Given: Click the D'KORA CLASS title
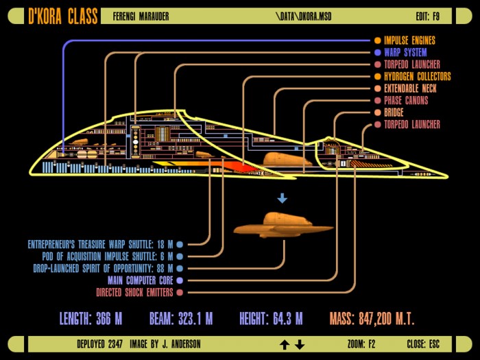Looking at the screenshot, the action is (x=63, y=16).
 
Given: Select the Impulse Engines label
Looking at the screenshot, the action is (x=409, y=40).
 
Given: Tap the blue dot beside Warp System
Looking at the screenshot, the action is (x=378, y=52).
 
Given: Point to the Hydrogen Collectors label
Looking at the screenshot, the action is (x=418, y=76).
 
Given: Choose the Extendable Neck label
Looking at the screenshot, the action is (x=410, y=88).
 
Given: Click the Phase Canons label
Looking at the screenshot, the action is (x=406, y=100).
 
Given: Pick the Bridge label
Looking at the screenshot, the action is (x=394, y=112).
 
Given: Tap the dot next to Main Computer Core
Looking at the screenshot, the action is (x=180, y=280).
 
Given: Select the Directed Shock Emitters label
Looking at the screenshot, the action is (x=134, y=292).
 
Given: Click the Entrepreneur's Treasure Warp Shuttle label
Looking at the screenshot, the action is (x=100, y=244).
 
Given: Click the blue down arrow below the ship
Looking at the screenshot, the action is (x=283, y=198).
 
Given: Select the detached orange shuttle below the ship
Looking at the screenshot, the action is (x=283, y=226).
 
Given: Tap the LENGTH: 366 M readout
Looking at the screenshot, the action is (x=91, y=319).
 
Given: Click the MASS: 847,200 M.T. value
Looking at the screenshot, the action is (x=372, y=319).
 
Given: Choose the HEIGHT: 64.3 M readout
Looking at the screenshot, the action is (x=271, y=319).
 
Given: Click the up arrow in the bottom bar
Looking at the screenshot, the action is (x=285, y=345).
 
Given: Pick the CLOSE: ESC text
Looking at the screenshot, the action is (x=423, y=344).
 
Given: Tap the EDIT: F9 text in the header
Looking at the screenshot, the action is (x=428, y=16).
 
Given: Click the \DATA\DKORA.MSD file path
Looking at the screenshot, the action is (x=303, y=16).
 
